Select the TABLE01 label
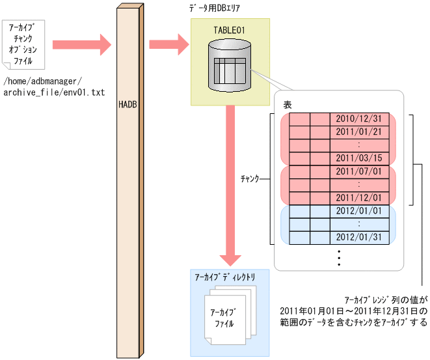229,30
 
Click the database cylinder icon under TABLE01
230,65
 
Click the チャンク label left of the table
250,178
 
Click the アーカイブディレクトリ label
224,277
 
